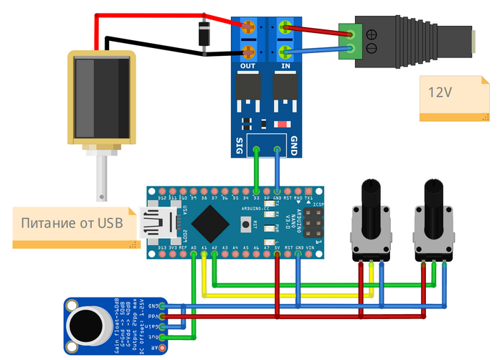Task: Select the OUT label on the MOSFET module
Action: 248,66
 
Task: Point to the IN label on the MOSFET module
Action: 286,66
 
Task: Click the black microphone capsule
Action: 87,326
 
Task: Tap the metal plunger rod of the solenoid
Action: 103,179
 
